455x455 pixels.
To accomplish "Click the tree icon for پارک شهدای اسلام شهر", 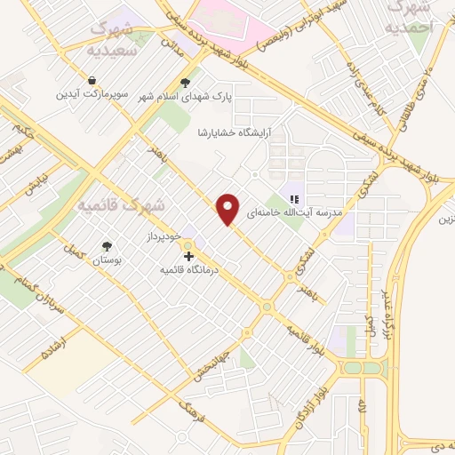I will (x=185, y=84).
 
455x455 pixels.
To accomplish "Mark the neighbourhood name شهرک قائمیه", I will (x=122, y=205).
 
